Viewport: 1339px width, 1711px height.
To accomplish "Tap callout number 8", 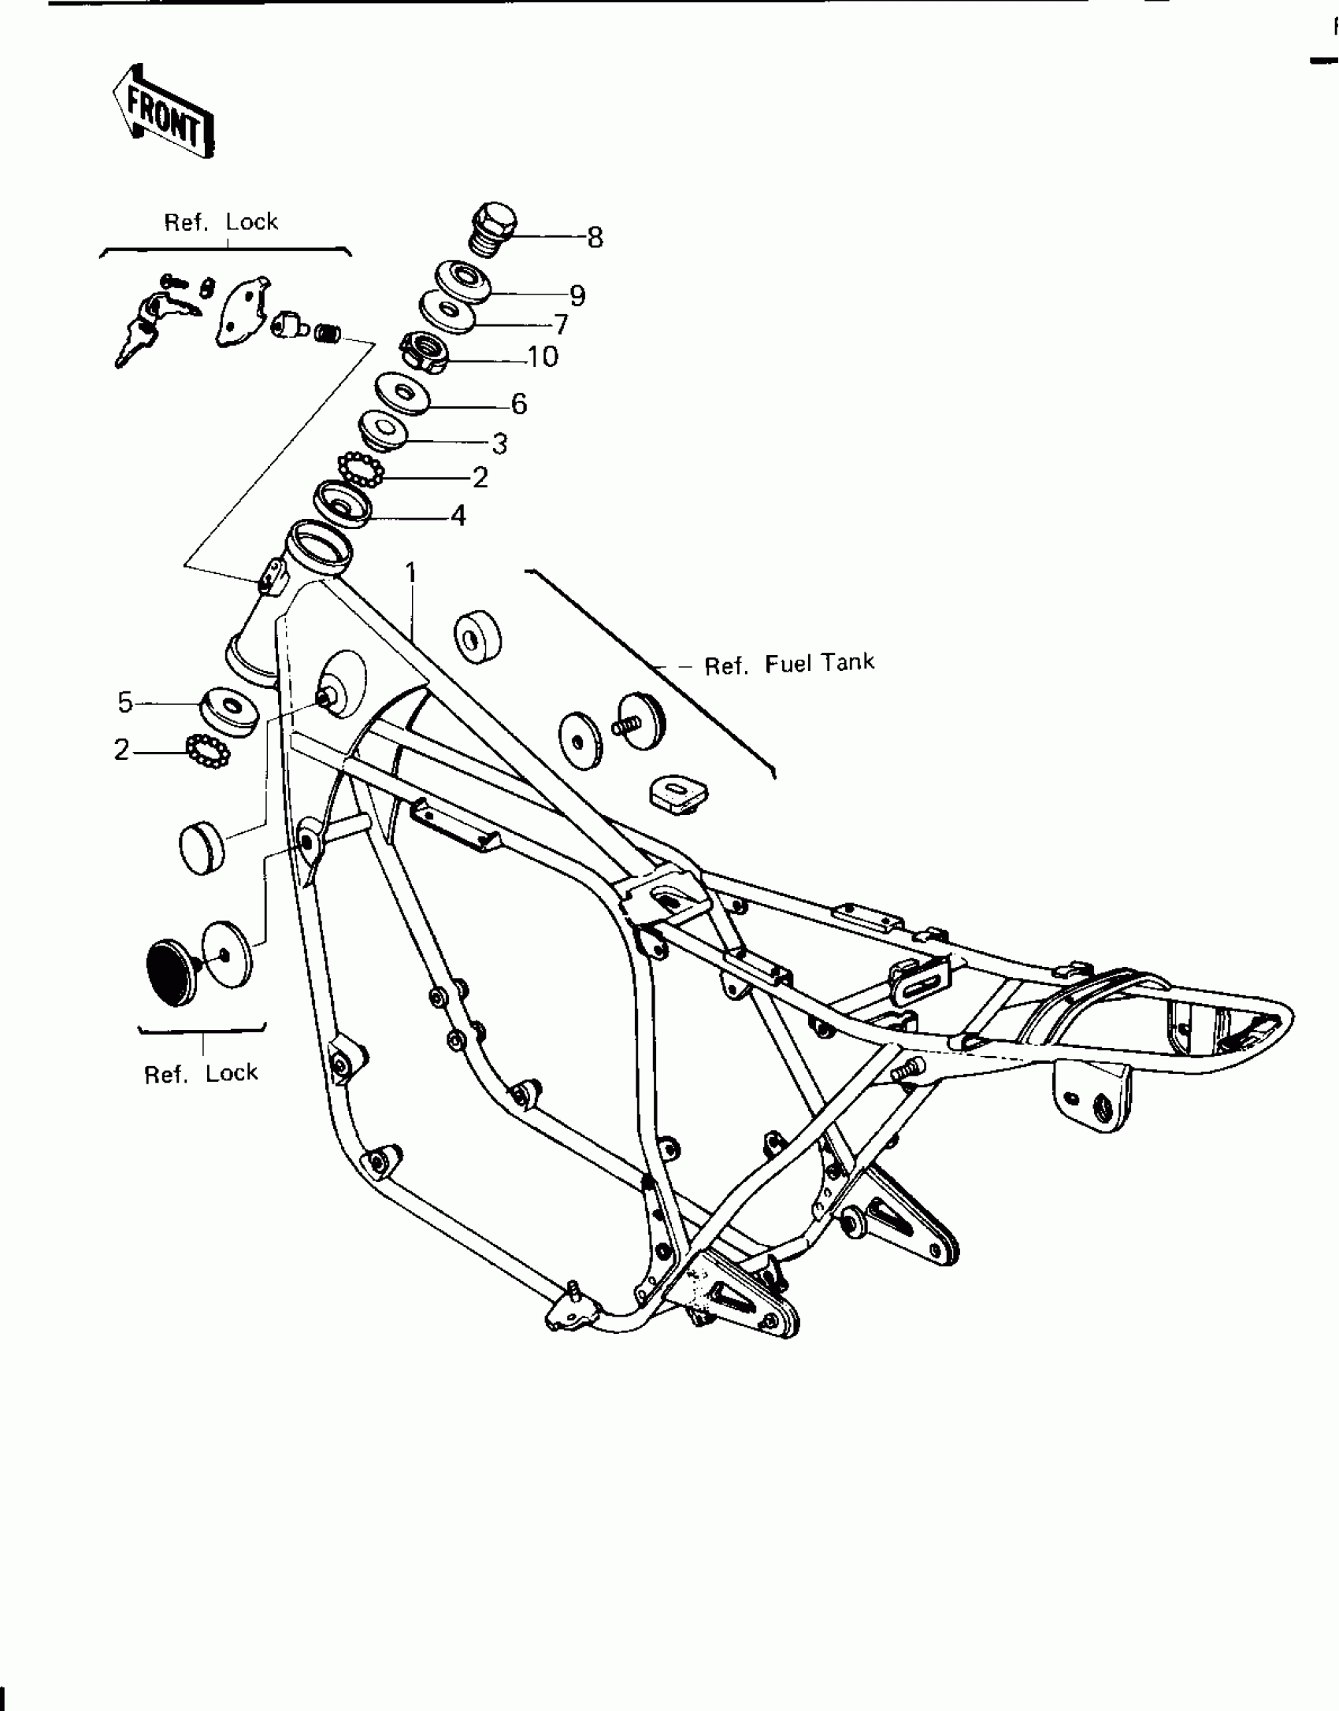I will [x=595, y=237].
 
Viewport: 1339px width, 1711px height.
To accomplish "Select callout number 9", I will [x=577, y=296].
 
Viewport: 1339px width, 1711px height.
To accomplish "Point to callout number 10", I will [x=543, y=357].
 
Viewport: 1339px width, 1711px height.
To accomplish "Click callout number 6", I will [x=518, y=404].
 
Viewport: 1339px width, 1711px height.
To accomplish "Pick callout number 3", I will [x=499, y=444].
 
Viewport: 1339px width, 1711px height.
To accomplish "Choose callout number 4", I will [x=458, y=516].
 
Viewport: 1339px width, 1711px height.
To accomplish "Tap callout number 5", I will [x=125, y=702].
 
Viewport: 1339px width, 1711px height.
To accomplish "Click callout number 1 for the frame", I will [x=410, y=572].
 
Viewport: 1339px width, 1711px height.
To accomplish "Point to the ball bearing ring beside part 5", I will [x=207, y=751].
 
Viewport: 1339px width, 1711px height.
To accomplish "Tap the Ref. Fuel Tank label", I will [x=788, y=664].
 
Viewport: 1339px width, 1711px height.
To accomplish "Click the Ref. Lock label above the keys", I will [x=221, y=222].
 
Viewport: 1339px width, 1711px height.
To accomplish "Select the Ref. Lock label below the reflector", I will [x=201, y=1073].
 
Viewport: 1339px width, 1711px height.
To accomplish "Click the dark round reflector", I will [x=173, y=972].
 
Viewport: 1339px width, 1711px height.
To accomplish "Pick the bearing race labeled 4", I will [x=343, y=502].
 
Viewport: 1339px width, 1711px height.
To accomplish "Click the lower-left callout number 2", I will [x=121, y=750].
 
